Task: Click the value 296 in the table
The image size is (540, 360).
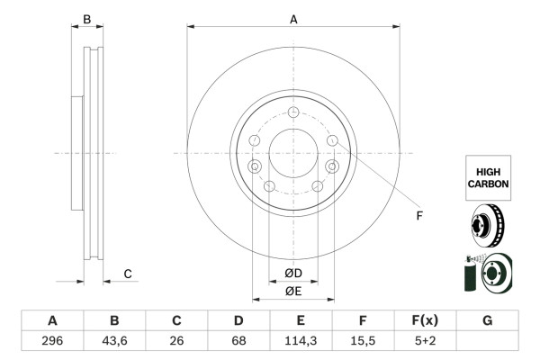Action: point(52,342)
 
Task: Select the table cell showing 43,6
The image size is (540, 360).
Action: point(114,342)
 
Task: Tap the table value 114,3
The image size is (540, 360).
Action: point(301,342)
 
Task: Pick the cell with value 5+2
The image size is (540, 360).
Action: point(425,342)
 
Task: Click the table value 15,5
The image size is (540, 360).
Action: point(363,342)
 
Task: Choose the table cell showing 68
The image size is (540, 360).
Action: point(238,342)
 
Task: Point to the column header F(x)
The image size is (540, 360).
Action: point(425,320)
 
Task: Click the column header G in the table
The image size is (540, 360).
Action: point(487,320)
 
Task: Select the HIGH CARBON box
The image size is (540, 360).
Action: point(488,176)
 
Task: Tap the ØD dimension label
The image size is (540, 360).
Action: point(293,274)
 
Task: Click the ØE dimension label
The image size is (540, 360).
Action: point(293,291)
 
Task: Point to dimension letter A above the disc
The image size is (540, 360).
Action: point(293,18)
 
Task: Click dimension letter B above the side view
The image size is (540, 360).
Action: point(87,19)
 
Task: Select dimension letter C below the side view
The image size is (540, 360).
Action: point(128,274)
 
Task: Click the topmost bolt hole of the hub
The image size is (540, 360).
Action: point(293,112)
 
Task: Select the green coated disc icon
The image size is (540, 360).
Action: point(487,274)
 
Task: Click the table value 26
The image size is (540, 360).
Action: point(176,342)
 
